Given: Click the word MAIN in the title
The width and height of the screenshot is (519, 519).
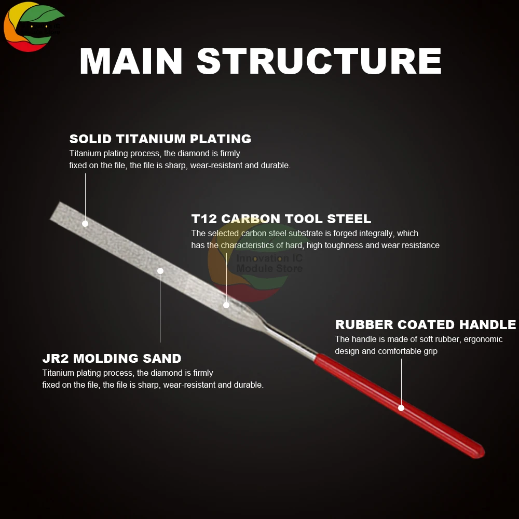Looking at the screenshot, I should point(131,61).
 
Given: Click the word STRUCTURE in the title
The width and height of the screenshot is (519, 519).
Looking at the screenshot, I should point(319,61).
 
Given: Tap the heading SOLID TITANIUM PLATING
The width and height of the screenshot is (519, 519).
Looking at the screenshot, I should point(160,139).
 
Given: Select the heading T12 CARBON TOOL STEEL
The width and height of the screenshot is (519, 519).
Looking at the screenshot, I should point(281,219).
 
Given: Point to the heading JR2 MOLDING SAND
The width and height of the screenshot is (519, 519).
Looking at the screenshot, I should point(112,359).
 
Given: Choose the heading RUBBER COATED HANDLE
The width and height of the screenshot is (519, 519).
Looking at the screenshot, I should point(425,325).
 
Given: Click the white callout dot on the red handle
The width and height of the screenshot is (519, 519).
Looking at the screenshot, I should point(401,408).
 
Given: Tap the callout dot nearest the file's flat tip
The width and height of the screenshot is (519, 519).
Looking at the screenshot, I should point(85,224).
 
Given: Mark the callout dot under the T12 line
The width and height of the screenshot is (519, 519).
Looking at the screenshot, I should point(226,305).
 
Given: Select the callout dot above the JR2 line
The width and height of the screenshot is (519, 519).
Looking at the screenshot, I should point(160,271).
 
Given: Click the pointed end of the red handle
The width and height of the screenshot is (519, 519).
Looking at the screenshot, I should point(481,454).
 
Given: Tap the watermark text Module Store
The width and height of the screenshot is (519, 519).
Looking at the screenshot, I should point(269,268).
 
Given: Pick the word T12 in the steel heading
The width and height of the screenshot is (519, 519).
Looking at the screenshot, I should point(203,219).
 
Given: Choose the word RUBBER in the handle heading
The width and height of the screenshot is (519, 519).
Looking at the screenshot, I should point(364,325).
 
